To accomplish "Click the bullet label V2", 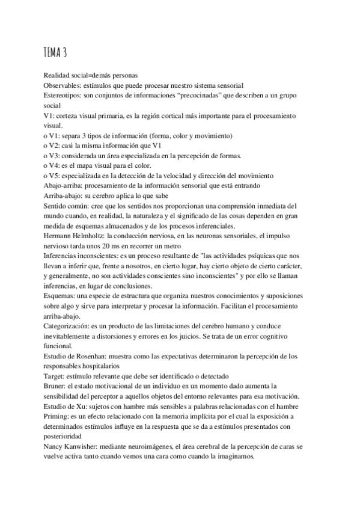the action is [54, 146].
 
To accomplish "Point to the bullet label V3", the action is [54, 155].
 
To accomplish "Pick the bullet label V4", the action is [54, 165].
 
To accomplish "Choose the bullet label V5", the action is [54, 176].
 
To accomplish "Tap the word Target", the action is [54, 376].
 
